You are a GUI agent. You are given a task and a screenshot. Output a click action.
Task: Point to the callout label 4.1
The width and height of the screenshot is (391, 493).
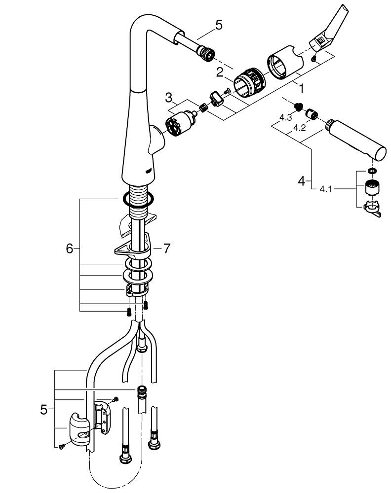tap(325, 188)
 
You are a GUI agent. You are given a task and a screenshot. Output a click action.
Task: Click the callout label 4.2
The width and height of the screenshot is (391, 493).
tap(298, 127)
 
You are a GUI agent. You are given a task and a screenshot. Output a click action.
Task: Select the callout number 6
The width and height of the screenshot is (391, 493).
tap(70, 249)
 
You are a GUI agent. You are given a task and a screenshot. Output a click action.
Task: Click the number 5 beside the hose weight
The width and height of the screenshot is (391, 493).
tap(44, 409)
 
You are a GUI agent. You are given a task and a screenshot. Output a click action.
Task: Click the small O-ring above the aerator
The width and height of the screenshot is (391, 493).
tap(371, 172)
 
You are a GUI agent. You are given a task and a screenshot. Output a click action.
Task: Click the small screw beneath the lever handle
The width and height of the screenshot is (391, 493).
tap(314, 59)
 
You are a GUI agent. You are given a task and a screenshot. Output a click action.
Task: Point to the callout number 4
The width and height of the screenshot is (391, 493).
tap(302, 181)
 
